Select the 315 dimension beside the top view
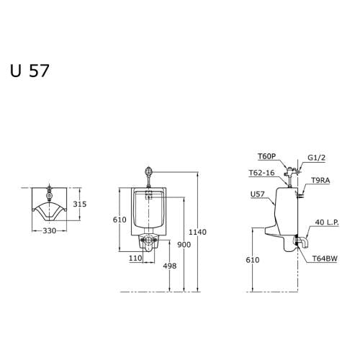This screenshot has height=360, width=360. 80,204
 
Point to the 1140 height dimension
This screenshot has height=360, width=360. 197,232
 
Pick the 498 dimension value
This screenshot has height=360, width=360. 170,266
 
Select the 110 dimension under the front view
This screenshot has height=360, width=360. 135,258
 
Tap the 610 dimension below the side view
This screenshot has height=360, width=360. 252,260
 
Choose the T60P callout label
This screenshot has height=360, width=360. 266,156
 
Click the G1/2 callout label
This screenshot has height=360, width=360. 317,157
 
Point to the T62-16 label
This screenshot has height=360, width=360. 261,173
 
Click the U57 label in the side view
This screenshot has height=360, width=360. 257,194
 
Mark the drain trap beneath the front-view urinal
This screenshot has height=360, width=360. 150,241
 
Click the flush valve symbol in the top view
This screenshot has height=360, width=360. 49,194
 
